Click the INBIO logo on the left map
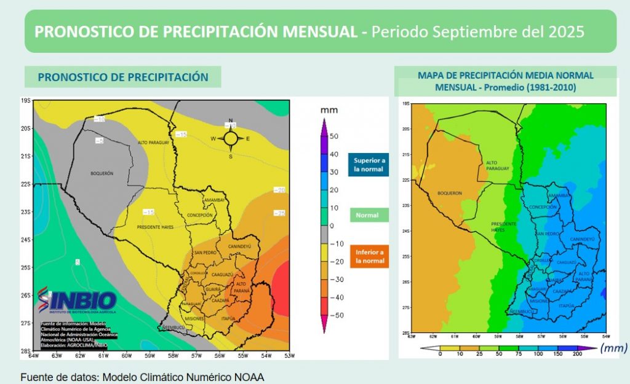pyautogui.click(x=76, y=301)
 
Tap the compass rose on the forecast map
pyautogui.click(x=231, y=138)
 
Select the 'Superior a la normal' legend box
pyautogui.click(x=369, y=165)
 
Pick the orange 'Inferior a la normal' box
pyautogui.click(x=369, y=256)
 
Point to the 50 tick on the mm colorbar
pyautogui.click(x=333, y=136)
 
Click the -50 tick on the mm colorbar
pyautogui.click(x=333, y=315)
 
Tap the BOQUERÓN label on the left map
pyautogui.click(x=102, y=174)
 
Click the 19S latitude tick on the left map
pyautogui.click(x=25, y=101)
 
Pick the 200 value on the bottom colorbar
pyautogui.click(x=577, y=354)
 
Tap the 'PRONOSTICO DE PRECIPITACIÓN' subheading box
pyautogui.click(x=123, y=77)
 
